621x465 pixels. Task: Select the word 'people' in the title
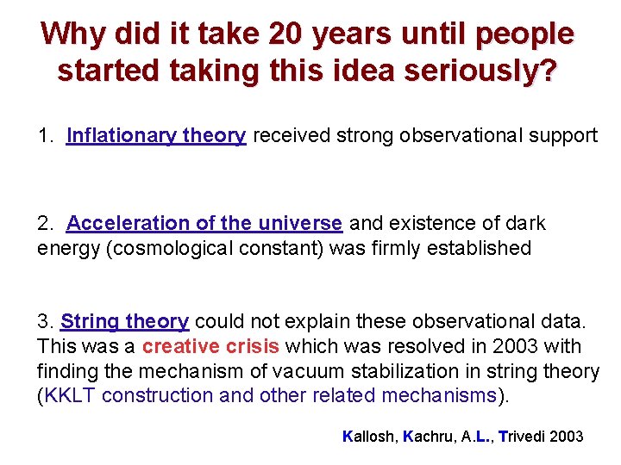click(526, 34)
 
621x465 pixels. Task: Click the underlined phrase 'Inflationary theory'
click(156, 136)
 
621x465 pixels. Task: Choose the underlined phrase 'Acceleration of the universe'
click(204, 223)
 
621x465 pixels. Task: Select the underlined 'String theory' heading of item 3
click(124, 322)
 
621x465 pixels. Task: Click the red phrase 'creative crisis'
click(210, 347)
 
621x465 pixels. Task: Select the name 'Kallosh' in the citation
click(371, 437)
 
